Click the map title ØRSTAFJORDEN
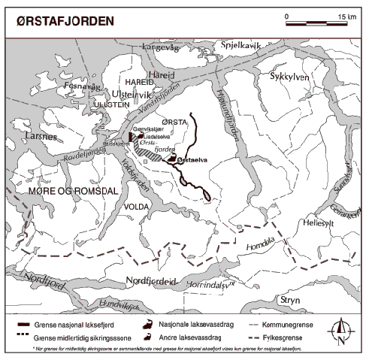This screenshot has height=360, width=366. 65,21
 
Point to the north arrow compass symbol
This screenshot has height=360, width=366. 342,330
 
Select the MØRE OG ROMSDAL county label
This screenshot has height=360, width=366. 63,192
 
